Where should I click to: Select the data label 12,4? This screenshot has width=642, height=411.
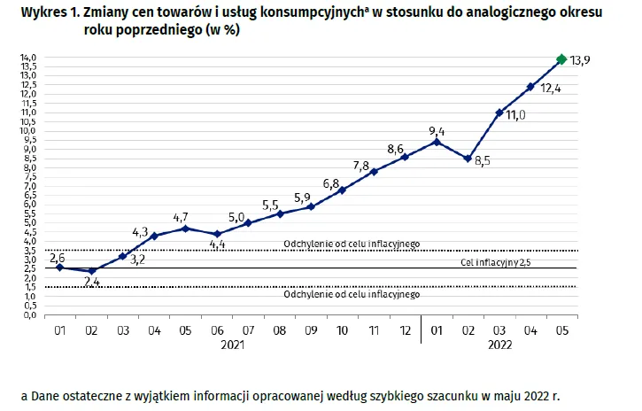point(551,89)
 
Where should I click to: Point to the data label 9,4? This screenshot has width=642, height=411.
point(435,131)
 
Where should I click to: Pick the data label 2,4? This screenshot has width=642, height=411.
point(92,282)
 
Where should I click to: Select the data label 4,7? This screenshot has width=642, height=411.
point(181,217)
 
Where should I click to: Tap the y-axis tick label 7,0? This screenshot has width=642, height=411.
point(28,186)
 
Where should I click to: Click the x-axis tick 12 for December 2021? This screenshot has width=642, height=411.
point(405,330)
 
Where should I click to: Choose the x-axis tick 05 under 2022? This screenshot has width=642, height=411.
point(561,330)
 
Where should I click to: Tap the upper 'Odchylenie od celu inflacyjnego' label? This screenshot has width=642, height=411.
point(352,244)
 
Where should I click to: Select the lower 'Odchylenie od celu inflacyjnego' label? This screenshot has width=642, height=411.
point(352,294)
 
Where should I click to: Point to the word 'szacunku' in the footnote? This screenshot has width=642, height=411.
point(452,395)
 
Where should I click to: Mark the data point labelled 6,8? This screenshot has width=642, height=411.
point(342,190)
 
